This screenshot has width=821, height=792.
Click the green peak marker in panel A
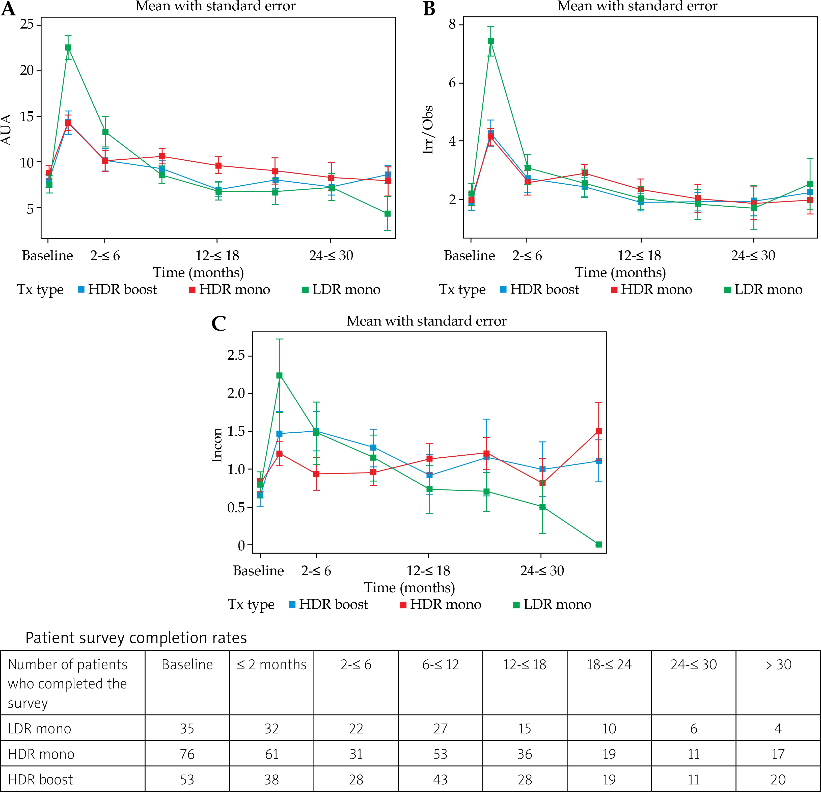pyautogui.click(x=68, y=47)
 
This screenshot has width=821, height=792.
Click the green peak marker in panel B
pyautogui.click(x=490, y=41)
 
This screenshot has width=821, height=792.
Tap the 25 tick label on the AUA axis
pyautogui.click(x=27, y=24)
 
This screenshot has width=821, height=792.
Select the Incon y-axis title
pyautogui.click(x=216, y=445)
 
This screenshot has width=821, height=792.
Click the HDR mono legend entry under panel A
pyautogui.click(x=230, y=289)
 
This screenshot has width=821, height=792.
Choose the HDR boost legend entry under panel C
pyautogui.click(x=329, y=604)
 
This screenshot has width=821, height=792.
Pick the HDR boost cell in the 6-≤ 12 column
pyautogui.click(x=440, y=779)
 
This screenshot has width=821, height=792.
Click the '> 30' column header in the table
pyautogui.click(x=778, y=664)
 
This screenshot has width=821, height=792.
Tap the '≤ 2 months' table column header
pyautogui.click(x=271, y=664)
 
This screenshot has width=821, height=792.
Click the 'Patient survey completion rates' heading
pyautogui.click(x=136, y=638)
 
